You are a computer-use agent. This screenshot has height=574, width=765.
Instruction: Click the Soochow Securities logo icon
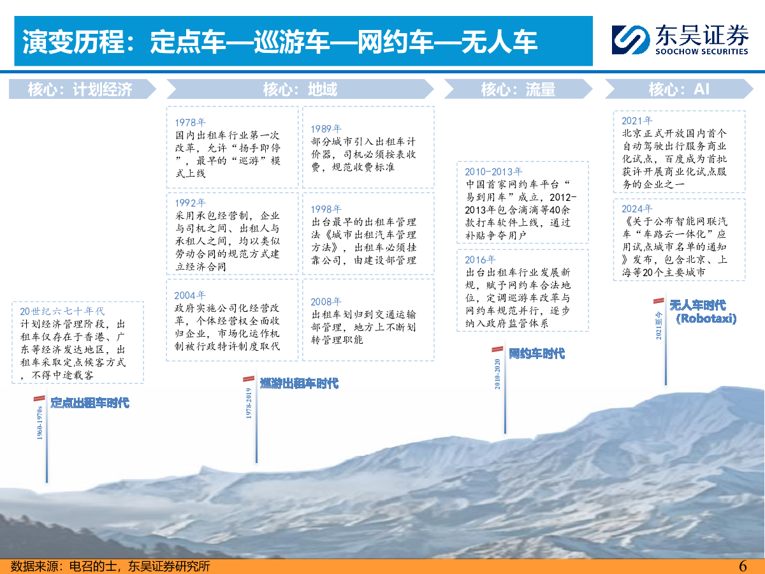[x=630, y=40]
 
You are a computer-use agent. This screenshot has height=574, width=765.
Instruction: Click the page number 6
[x=743, y=566]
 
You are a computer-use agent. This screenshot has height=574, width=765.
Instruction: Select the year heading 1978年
[x=190, y=122]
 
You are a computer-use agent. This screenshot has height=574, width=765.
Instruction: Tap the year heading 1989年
[x=326, y=129]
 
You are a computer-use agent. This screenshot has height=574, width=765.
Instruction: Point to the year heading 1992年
[x=190, y=202]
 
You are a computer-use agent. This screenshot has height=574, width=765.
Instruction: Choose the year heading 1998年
[x=326, y=209]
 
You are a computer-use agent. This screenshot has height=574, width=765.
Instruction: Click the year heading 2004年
[x=190, y=295]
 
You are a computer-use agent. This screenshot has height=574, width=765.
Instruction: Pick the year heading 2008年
[x=326, y=302]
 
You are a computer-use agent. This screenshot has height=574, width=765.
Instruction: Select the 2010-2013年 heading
[x=493, y=172]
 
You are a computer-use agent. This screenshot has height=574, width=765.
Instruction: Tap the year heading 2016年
[x=480, y=260]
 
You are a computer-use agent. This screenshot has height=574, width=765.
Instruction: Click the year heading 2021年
[x=637, y=121]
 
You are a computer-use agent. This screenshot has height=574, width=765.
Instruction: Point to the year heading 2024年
[x=637, y=209]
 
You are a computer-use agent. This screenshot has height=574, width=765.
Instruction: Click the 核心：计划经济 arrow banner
[x=82, y=89]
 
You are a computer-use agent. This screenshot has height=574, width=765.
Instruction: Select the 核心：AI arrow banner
[x=680, y=89]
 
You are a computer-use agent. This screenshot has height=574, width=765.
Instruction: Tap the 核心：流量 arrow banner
[x=518, y=89]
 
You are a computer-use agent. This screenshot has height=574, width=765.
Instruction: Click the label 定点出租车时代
[x=90, y=403]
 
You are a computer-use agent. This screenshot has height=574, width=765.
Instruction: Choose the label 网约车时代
[x=537, y=354]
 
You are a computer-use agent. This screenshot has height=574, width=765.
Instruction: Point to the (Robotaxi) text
[x=706, y=318]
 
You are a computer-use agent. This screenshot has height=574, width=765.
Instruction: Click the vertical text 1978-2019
[x=249, y=403]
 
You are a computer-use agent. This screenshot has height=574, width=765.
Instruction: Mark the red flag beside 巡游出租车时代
[x=249, y=379]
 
